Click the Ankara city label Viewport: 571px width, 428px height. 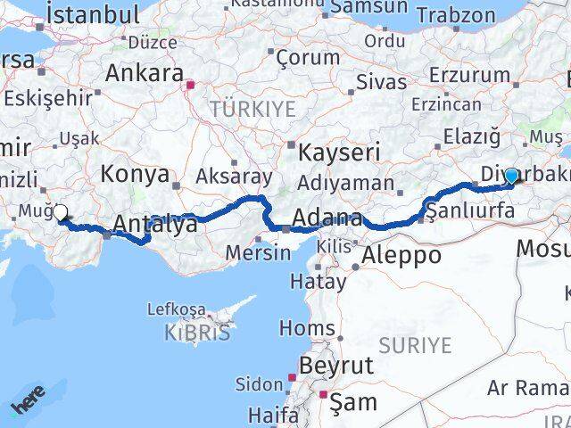(145, 73)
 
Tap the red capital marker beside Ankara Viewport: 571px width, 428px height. (190, 86)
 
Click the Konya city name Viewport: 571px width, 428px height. (135, 174)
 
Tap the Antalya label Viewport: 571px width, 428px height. (157, 226)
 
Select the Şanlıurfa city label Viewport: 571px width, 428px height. (470, 211)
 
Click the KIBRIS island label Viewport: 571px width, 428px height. (196, 333)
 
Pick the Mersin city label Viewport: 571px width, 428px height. (258, 252)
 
